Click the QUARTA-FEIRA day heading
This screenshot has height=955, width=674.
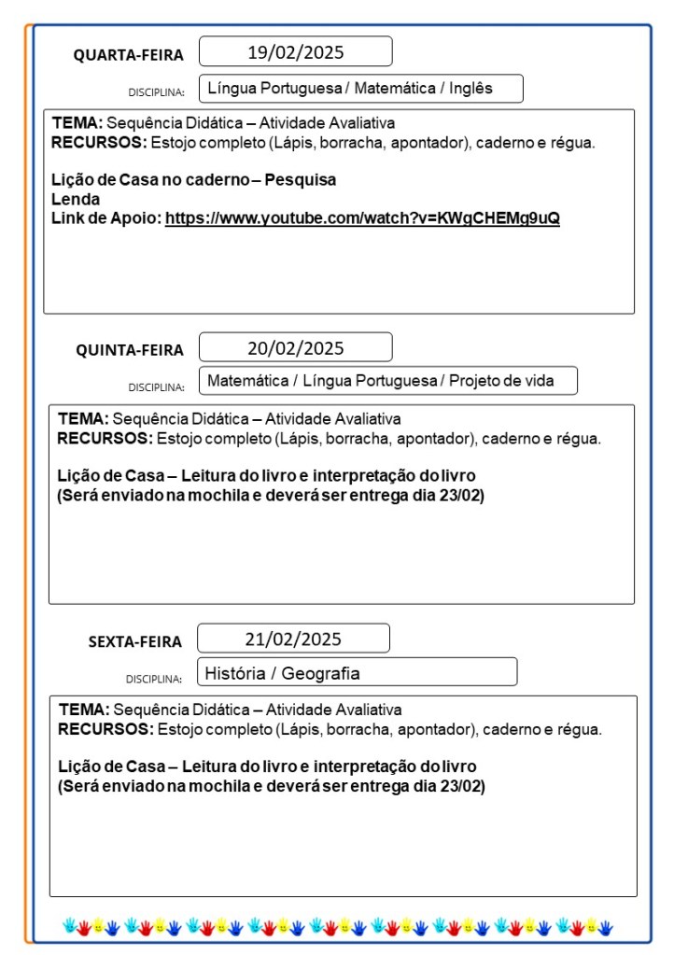pyautogui.click(x=129, y=55)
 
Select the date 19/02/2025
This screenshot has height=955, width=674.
pyautogui.click(x=295, y=51)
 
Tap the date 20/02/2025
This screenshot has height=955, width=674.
pyautogui.click(x=295, y=348)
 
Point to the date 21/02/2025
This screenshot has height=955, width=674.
pyautogui.click(x=293, y=639)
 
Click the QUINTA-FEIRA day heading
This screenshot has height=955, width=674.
pyautogui.click(x=130, y=351)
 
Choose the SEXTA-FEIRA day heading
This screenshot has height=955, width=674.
pyautogui.click(x=135, y=642)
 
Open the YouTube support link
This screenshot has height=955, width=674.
pyautogui.click(x=362, y=218)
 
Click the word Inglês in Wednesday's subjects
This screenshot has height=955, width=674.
pyautogui.click(x=470, y=89)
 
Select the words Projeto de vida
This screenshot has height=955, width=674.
pyautogui.click(x=501, y=381)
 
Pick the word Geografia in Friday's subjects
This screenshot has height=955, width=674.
pyautogui.click(x=321, y=673)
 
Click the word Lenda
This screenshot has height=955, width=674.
pyautogui.click(x=76, y=199)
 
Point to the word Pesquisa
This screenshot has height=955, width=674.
pyautogui.click(x=301, y=179)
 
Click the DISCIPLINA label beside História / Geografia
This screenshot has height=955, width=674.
pyautogui.click(x=154, y=679)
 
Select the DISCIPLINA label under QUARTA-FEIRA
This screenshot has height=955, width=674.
pyautogui.click(x=156, y=92)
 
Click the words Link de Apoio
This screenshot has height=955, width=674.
pyautogui.click(x=105, y=218)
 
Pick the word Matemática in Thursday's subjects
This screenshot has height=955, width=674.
pyautogui.click(x=246, y=381)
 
